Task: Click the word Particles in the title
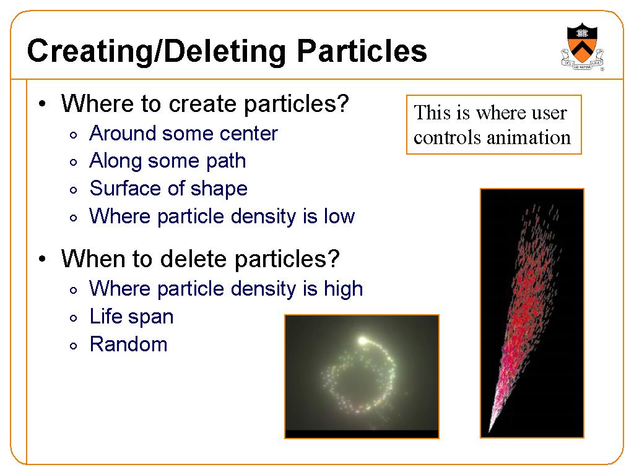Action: tap(362, 51)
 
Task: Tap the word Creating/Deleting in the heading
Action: tap(157, 52)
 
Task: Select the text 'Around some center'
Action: tap(183, 134)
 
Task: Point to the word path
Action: tap(226, 161)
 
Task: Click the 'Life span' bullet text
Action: tap(132, 317)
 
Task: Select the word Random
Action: tap(129, 344)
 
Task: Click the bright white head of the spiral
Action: tap(362, 341)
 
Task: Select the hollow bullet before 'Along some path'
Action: tap(73, 163)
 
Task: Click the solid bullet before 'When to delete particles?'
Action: tap(43, 259)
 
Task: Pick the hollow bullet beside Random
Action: tap(73, 346)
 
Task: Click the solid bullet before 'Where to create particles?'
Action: tap(43, 104)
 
